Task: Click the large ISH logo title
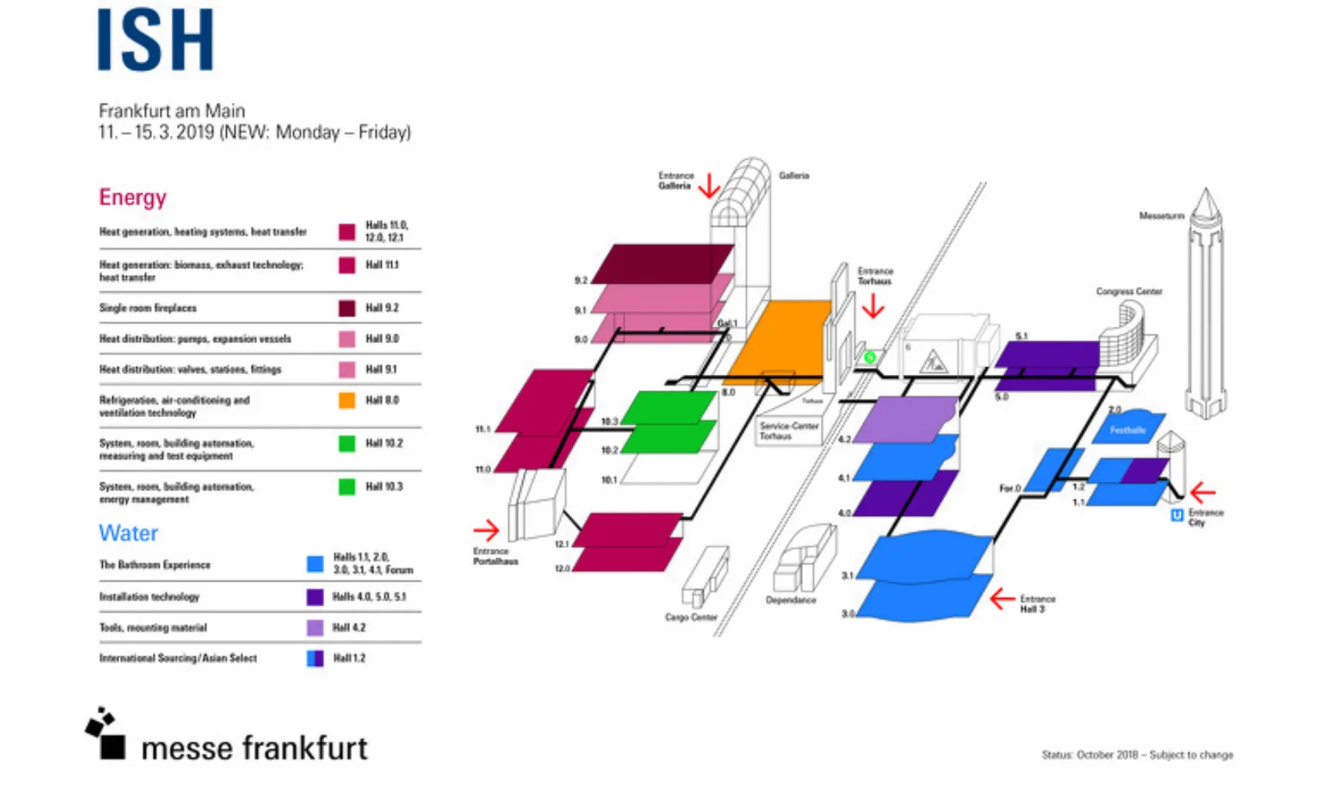coord(155,41)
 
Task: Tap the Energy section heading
coord(133,197)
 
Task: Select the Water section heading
coord(128,533)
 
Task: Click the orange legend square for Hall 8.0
coord(347,400)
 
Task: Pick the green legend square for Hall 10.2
coord(347,444)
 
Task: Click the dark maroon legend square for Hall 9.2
coord(347,308)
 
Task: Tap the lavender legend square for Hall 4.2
coord(315,628)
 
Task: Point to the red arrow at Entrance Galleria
coord(709,186)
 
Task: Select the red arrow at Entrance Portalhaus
coord(486,530)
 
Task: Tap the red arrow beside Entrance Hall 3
coord(1002,599)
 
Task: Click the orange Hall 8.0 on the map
coord(779,339)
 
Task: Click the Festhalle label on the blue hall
coord(1127,430)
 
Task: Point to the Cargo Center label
coord(691,617)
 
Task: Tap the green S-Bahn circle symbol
coord(870,357)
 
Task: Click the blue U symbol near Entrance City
coord(1177,515)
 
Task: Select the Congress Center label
coord(1129,292)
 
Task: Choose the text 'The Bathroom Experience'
coord(154,564)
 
